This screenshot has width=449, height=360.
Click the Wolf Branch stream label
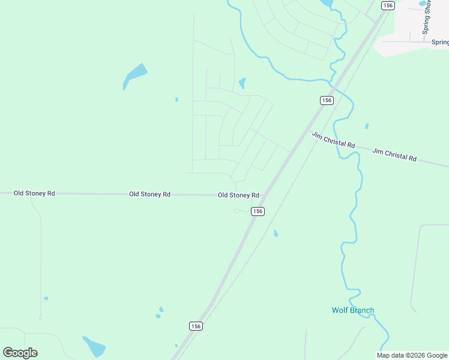click(353, 310)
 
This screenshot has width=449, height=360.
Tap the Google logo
click(20, 353)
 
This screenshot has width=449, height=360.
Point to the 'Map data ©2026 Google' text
click(412, 355)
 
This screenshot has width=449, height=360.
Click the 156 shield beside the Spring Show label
click(388, 5)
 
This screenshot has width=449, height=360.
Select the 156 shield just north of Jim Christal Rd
click(327, 100)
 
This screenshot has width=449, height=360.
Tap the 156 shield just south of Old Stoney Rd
click(258, 211)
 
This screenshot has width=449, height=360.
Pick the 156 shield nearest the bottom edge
click(195, 326)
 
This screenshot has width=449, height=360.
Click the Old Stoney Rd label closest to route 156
click(238, 195)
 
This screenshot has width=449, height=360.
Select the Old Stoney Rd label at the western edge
click(34, 193)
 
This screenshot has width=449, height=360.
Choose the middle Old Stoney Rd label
click(149, 194)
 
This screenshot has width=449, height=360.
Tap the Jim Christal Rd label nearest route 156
click(333, 141)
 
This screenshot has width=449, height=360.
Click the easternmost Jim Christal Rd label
click(394, 154)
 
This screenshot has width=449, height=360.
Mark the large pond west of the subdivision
click(134, 75)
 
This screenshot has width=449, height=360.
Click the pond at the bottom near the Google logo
click(94, 346)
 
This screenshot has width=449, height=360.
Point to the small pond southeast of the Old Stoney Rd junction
click(276, 233)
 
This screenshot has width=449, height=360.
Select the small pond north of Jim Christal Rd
click(366, 126)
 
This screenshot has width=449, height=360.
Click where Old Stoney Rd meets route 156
click(264, 195)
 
